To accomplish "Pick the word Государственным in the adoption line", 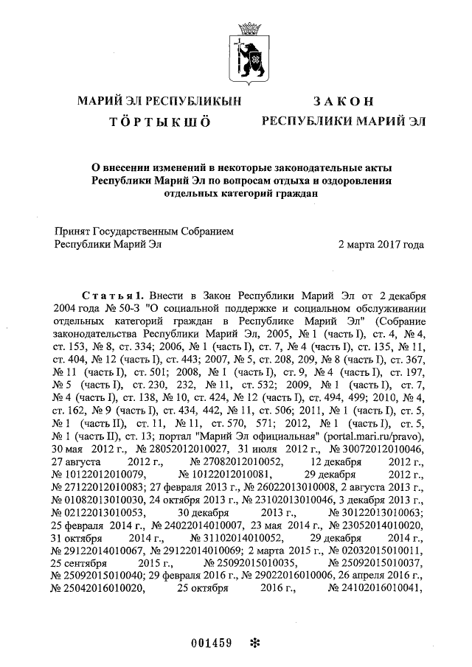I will (145, 230).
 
